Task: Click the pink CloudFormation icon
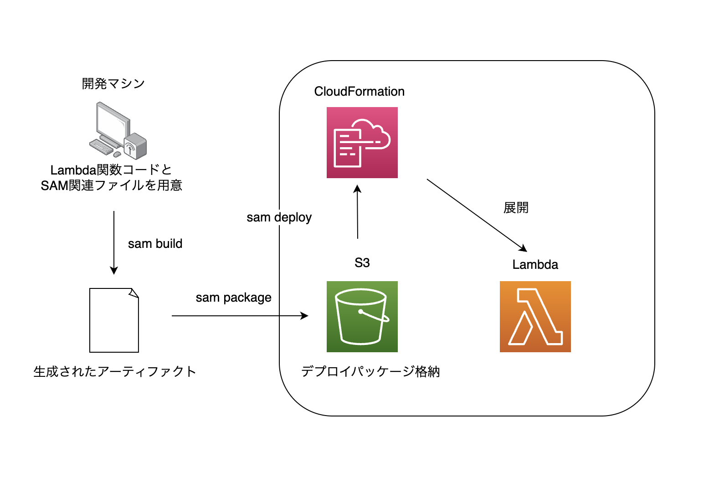(x=362, y=143)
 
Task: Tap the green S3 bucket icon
(x=362, y=317)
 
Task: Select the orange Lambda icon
(x=535, y=317)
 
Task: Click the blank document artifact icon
(x=114, y=320)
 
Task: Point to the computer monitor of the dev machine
(x=113, y=122)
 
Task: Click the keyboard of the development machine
(x=101, y=147)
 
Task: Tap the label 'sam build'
(x=155, y=244)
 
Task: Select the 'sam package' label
(x=234, y=298)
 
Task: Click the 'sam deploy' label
(x=279, y=218)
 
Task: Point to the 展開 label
(x=516, y=208)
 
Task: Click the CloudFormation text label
(x=359, y=92)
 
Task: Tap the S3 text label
(x=362, y=263)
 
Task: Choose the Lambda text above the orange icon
(x=535, y=265)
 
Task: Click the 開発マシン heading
(x=113, y=83)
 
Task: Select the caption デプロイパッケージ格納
(x=370, y=371)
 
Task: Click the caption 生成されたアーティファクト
(x=114, y=371)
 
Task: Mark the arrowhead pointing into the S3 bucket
(x=304, y=316)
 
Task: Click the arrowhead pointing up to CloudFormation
(x=357, y=189)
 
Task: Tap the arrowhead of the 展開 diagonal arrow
(x=524, y=248)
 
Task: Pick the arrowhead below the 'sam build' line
(x=114, y=271)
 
